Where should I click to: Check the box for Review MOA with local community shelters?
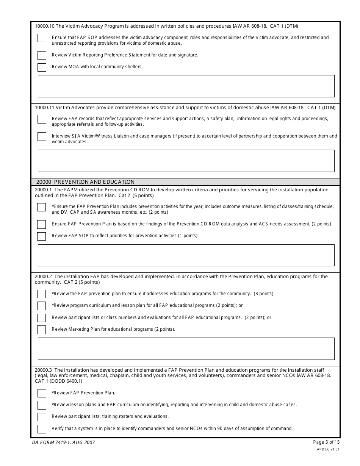(42, 67)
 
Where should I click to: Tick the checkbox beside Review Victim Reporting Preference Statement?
(42, 55)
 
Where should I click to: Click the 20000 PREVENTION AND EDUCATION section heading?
(85, 182)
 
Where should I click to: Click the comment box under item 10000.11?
(186, 161)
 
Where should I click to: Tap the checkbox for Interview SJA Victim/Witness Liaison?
(42, 136)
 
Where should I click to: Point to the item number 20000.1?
(43, 190)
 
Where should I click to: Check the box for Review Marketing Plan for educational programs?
(41, 330)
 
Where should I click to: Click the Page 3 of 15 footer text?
(326, 442)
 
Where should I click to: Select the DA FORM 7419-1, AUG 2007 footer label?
(63, 442)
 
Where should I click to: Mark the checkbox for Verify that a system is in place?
(42, 429)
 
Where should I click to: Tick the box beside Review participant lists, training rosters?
(42, 417)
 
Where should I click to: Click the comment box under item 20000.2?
(186, 349)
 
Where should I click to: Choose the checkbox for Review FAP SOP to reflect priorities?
(41, 236)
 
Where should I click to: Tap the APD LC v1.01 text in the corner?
(328, 449)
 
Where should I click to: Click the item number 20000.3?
(43, 370)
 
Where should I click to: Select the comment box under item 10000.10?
(186, 86)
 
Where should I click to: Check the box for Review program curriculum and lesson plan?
(41, 306)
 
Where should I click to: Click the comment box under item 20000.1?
(186, 255)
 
